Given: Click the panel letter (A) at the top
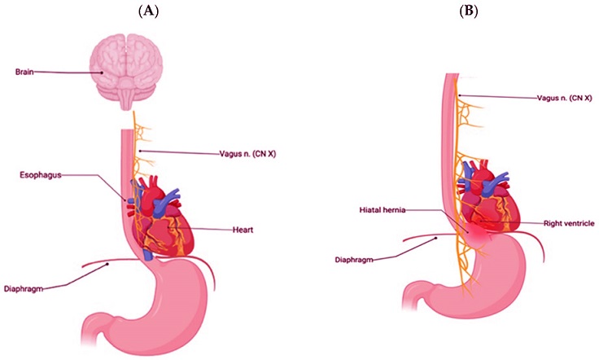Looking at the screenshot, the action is point(148,11).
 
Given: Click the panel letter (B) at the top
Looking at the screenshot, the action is point(469,11).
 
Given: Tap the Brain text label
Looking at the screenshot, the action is point(24,72).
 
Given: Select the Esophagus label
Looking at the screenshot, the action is point(41,175).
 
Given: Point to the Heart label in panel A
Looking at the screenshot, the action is point(243,230).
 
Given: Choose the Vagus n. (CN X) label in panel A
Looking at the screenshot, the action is point(247,154).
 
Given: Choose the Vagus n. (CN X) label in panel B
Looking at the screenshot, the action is point(565,98).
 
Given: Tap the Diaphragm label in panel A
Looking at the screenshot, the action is point(24,288).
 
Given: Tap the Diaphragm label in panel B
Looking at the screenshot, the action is point(354,260).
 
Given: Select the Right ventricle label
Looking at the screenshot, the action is point(569,223).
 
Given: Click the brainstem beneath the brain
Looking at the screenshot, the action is point(126,100).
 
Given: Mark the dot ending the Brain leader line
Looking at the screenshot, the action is point(102,72).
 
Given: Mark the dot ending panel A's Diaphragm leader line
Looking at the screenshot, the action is point(107,264).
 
